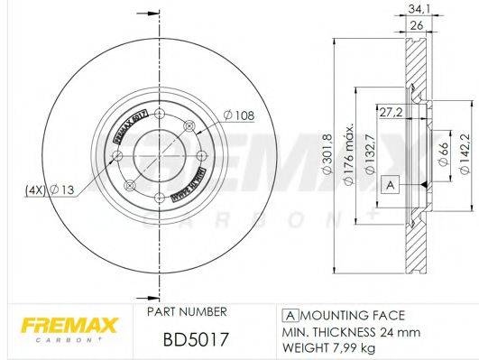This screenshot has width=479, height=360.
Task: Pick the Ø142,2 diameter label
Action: click(465, 146)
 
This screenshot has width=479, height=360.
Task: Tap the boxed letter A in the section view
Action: click(391, 184)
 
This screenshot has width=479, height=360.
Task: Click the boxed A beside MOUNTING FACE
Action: click(291, 315)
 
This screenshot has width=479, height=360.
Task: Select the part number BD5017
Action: click(183, 340)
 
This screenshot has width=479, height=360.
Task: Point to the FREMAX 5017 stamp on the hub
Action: click(125, 128)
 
